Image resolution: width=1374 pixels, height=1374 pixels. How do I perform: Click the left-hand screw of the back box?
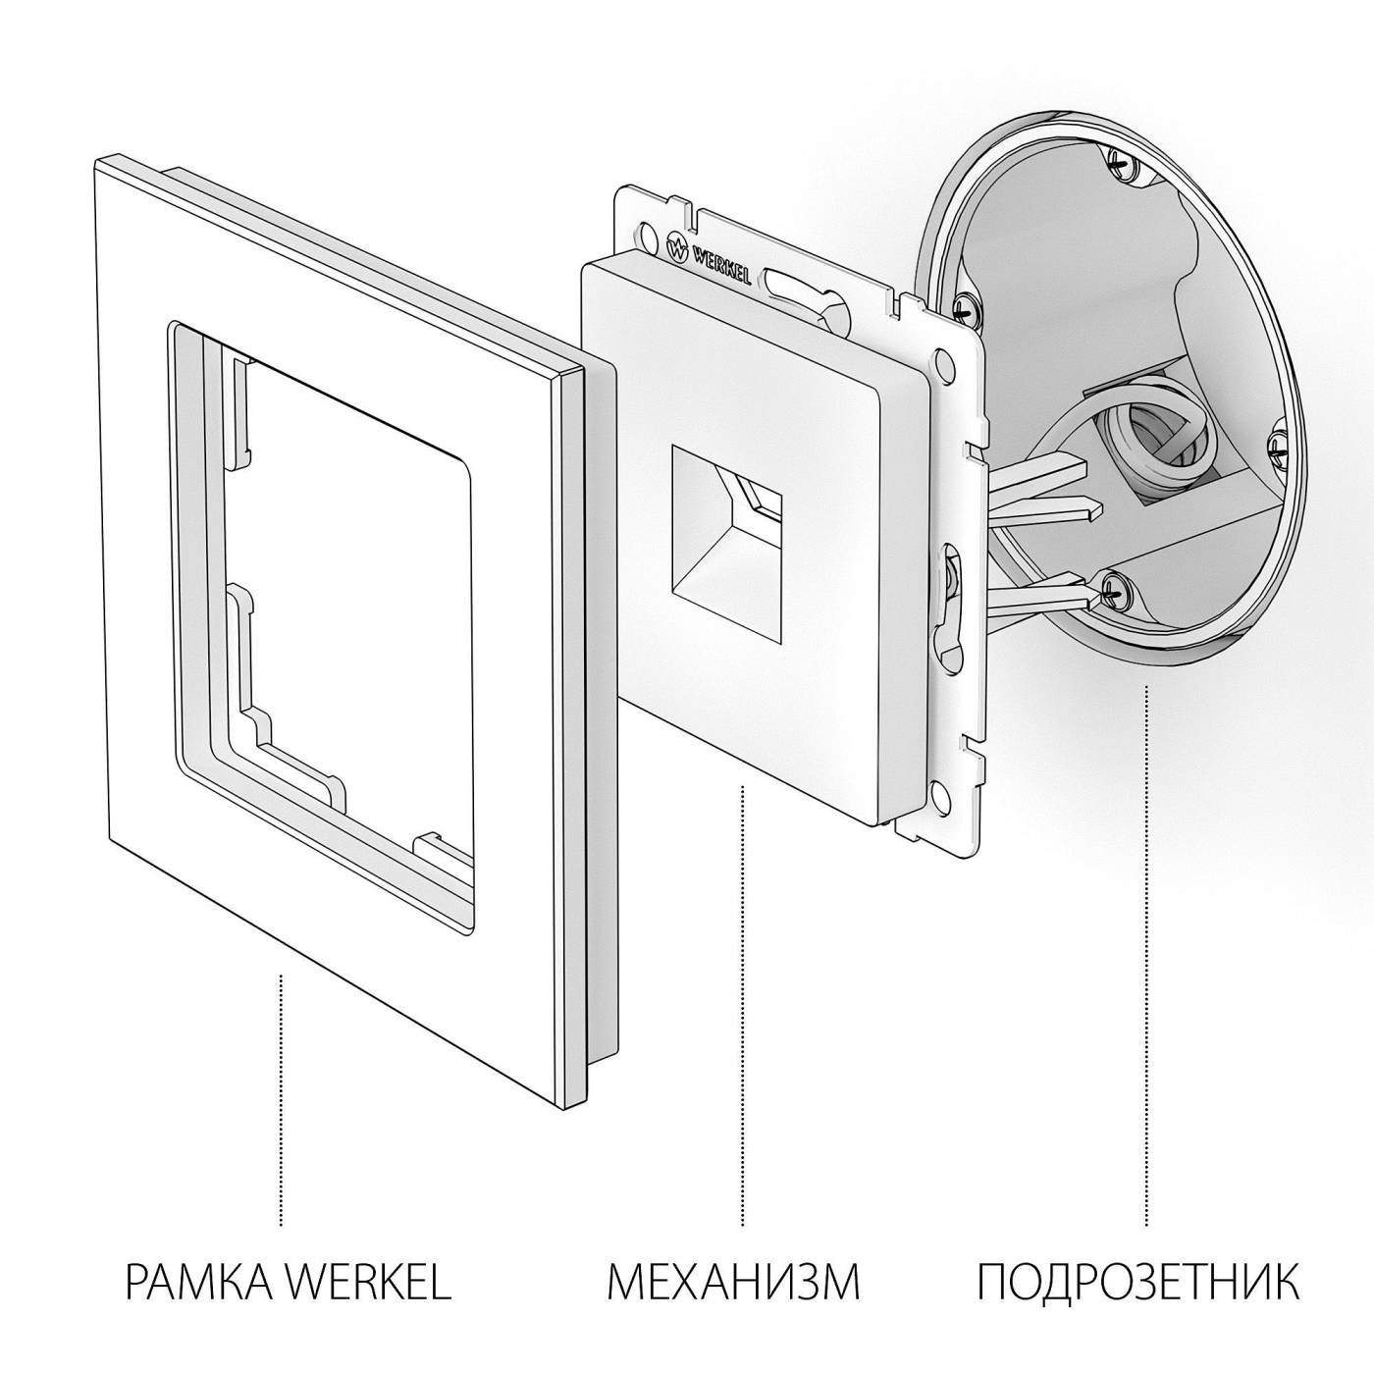click(965, 306)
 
